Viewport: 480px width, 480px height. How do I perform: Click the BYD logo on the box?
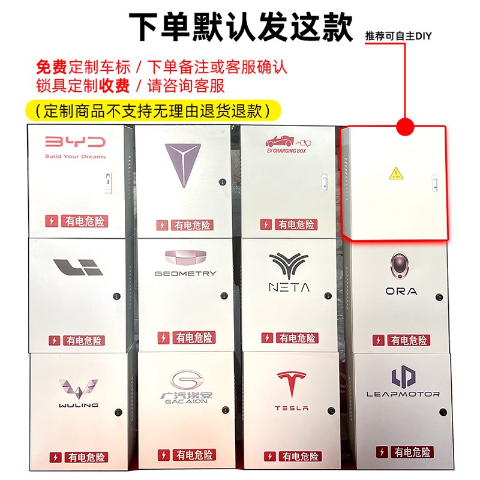click(75, 142)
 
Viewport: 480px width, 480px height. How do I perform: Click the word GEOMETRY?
click(185, 274)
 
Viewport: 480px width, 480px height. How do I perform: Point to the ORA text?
click(401, 291)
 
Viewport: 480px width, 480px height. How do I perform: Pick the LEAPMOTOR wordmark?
click(403, 394)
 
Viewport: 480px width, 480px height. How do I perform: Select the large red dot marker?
click(406, 127)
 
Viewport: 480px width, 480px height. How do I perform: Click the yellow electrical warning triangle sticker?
click(395, 175)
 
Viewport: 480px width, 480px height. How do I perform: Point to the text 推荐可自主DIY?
click(398, 36)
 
